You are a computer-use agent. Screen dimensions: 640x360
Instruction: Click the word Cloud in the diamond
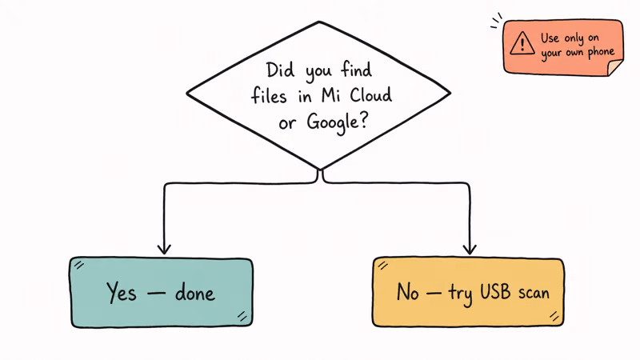point(370,94)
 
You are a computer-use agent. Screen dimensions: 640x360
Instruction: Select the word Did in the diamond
point(280,70)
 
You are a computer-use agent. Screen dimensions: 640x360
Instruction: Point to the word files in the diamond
point(269,95)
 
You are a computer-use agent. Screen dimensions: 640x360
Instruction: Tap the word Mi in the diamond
point(331,95)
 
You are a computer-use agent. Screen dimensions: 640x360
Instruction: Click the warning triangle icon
point(522,43)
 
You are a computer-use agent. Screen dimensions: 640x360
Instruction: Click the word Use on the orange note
point(550,38)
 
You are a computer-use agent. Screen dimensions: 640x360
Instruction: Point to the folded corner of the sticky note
point(614,68)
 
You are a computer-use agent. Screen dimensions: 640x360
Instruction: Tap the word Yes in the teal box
point(122,292)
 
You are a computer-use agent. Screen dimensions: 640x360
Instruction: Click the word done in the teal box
point(194,293)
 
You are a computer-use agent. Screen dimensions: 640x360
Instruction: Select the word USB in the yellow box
point(495,292)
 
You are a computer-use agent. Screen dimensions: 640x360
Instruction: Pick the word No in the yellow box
point(407,292)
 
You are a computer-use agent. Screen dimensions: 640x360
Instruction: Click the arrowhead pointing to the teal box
point(164,249)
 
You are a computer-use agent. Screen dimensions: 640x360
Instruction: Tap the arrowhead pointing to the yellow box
point(470,249)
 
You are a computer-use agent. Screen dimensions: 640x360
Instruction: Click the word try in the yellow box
point(461,294)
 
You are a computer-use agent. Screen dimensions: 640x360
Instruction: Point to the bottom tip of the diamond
point(321,169)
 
